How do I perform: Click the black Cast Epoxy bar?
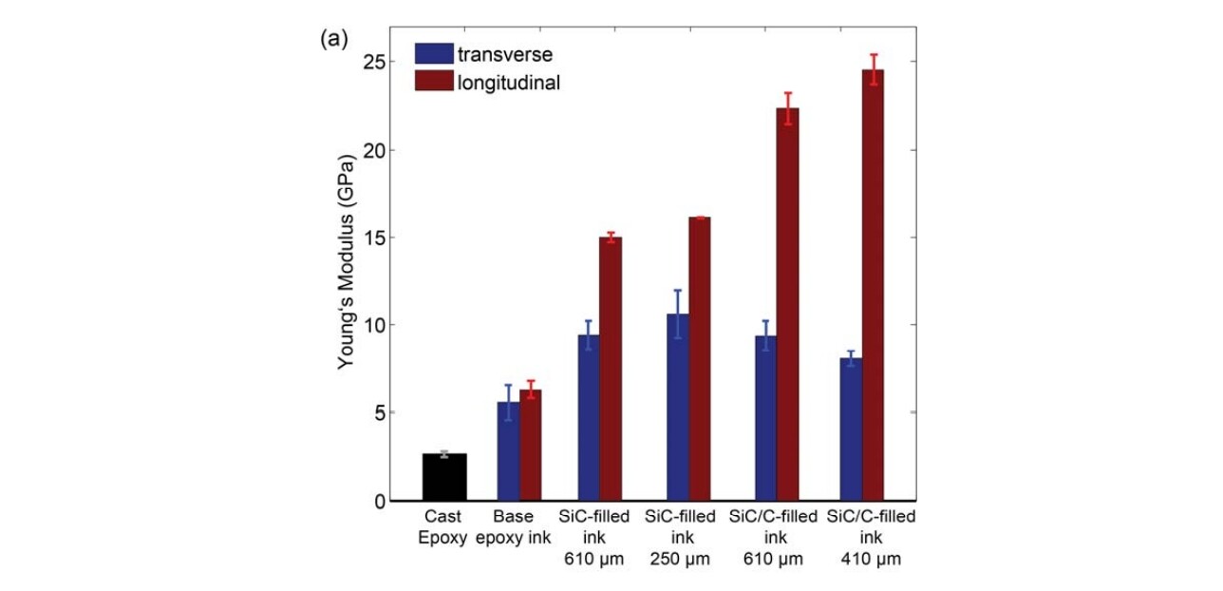click(x=443, y=477)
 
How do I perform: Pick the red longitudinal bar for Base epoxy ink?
click(x=531, y=446)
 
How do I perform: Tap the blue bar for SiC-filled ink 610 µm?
click(x=590, y=418)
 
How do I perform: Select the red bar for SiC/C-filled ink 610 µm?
click(x=787, y=304)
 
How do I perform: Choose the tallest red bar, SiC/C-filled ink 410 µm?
click(x=873, y=285)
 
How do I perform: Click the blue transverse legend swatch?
click(x=434, y=53)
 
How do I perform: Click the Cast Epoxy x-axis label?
click(x=442, y=526)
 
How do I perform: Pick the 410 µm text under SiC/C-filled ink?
click(x=872, y=559)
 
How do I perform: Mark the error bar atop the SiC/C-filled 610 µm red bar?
click(x=787, y=108)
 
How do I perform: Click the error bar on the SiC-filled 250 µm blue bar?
click(x=678, y=314)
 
